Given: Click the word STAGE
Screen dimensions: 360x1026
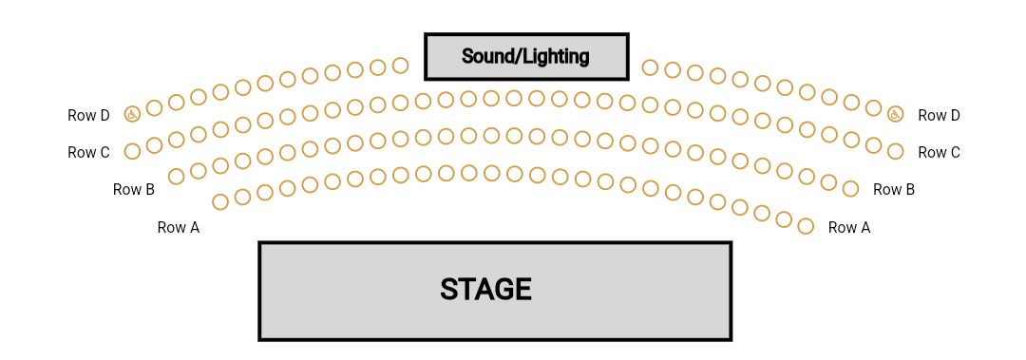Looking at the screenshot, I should [485, 290].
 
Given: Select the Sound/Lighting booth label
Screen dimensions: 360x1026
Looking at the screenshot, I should [525, 57].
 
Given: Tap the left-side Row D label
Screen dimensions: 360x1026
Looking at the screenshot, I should [88, 116].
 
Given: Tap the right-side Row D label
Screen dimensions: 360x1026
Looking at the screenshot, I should [939, 116].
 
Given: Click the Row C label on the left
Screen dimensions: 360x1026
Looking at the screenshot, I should [88, 153].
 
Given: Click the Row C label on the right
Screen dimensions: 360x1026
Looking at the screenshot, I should [939, 153].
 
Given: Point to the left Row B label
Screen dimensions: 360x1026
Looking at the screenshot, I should [134, 190].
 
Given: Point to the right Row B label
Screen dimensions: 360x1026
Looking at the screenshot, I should [894, 190].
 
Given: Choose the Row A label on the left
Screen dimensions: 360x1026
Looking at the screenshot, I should [179, 228].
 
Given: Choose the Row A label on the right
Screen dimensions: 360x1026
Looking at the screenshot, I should [849, 228].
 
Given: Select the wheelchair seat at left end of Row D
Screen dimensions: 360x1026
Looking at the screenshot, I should [132, 114].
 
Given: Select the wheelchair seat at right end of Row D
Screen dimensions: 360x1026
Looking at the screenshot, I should [895, 114].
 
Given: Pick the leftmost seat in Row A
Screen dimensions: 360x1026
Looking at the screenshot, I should [220, 201].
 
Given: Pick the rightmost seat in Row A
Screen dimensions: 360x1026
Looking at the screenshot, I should [806, 226].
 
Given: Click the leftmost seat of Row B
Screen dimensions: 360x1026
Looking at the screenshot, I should [176, 176].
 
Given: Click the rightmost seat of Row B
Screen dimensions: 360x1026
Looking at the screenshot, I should [850, 187].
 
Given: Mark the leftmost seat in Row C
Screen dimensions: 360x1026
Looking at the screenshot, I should [132, 150].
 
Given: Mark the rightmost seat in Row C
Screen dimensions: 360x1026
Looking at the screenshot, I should [895, 150].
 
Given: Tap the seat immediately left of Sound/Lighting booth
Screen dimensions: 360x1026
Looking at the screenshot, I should [400, 66].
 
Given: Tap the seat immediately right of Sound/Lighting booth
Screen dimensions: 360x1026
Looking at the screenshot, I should [650, 67].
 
